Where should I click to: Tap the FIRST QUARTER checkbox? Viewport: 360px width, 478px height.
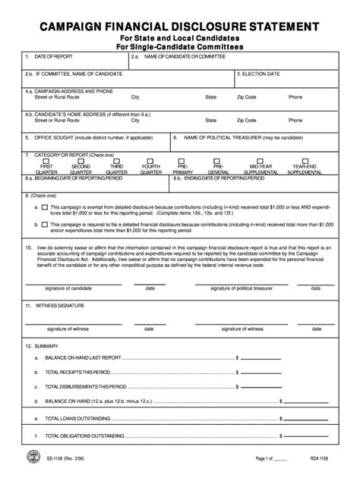[46, 161]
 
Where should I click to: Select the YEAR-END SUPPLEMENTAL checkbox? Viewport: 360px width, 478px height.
[305, 161]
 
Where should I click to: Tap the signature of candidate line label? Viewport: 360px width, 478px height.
[69, 288]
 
